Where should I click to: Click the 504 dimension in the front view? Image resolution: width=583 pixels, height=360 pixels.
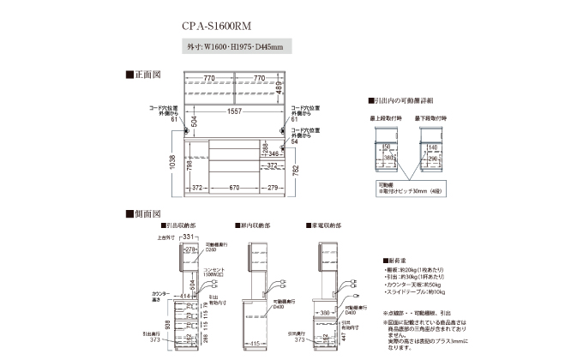point(194,122)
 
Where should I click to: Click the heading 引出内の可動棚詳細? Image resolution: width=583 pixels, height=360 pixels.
point(400,100)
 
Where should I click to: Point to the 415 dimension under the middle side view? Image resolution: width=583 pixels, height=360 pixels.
point(255,343)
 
